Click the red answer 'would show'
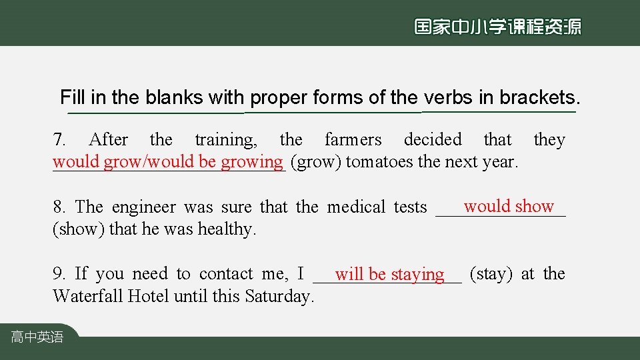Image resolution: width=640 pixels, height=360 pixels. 509,207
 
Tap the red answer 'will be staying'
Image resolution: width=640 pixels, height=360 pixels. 389,274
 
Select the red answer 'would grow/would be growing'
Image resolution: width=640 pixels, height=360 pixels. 168,161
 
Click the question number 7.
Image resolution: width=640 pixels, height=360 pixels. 59,140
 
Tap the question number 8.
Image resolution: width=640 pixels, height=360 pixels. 59,207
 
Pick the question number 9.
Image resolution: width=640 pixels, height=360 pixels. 59,274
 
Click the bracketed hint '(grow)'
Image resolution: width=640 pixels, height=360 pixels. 316,162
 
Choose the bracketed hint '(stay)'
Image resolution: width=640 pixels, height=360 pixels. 491,274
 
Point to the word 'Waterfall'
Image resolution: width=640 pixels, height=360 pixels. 88,296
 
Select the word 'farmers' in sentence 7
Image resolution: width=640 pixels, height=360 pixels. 353,140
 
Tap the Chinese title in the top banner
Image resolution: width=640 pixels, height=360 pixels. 497,27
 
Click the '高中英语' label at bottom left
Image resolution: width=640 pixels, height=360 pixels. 37,337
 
